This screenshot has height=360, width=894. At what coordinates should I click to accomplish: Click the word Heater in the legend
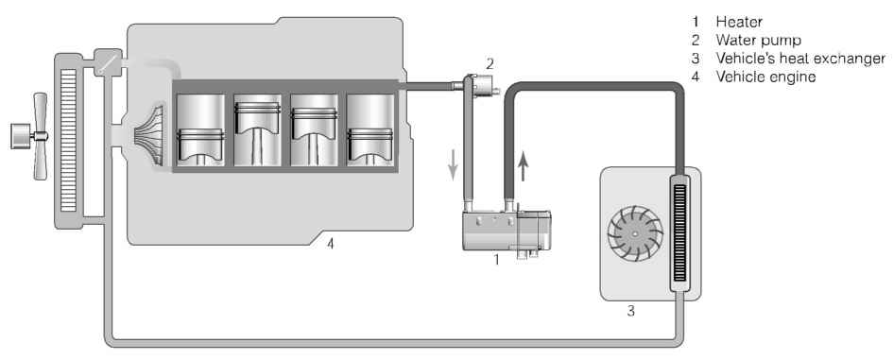739,23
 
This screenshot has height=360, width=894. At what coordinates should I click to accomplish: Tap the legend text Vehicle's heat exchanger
800,59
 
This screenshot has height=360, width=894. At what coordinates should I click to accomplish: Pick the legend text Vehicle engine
765,77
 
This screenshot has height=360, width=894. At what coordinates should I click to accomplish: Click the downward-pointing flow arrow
454,164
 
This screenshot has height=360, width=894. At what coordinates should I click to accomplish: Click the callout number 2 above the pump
490,63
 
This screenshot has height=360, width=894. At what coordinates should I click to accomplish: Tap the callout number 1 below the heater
496,260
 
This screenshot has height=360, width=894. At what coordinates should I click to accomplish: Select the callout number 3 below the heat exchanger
630,311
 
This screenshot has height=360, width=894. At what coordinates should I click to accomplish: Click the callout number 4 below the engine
330,245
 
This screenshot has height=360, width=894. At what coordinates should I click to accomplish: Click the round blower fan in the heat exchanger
635,233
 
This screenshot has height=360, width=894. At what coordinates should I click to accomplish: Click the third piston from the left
314,130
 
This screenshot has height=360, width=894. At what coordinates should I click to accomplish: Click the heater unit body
507,231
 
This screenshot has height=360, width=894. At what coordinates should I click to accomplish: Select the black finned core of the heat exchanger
679,232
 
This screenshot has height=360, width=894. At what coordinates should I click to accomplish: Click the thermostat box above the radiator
107,62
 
